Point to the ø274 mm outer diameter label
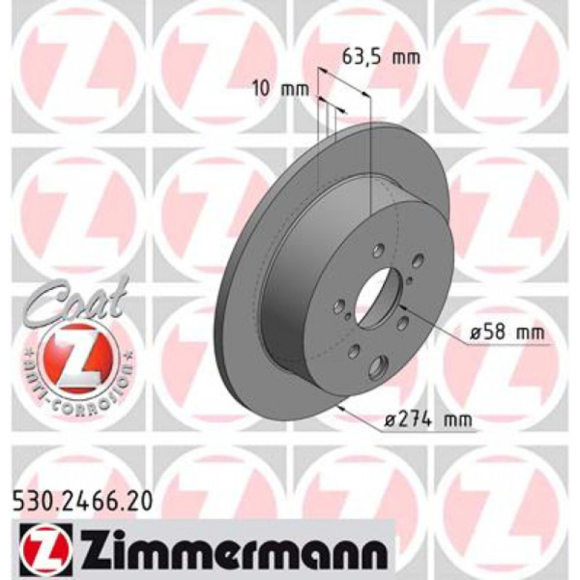426,419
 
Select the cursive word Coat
76,299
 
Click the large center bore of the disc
376,296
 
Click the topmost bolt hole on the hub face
379,249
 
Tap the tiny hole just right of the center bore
410,281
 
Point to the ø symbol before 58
473,333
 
